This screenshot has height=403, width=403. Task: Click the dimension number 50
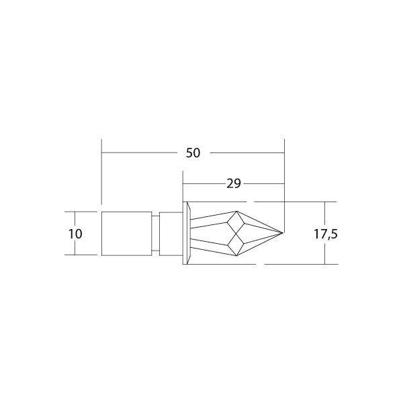coord(193,153)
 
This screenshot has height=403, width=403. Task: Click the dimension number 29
coord(233,183)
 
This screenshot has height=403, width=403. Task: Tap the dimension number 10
coord(75,234)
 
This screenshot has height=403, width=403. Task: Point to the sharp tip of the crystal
coord(283,233)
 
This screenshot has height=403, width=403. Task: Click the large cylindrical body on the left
coord(126,233)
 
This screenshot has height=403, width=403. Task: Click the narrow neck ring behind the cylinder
coord(156,233)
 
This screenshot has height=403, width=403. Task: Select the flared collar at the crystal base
coord(187,233)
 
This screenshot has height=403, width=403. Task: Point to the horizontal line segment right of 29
coord(265,183)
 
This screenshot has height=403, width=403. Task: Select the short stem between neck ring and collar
coord(171,233)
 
